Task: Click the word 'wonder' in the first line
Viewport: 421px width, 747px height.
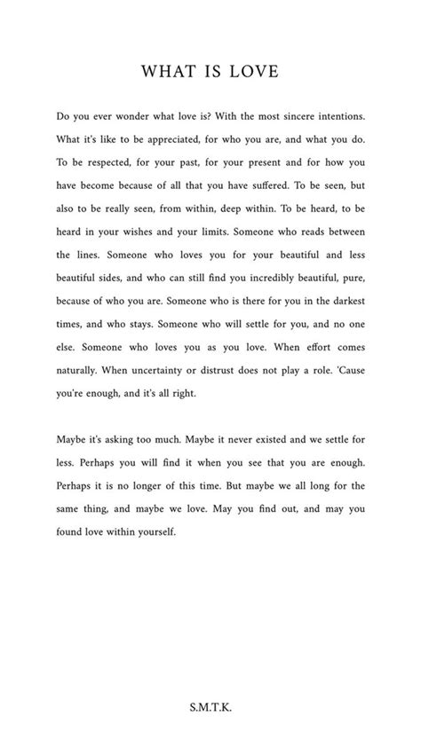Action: coord(131,115)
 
